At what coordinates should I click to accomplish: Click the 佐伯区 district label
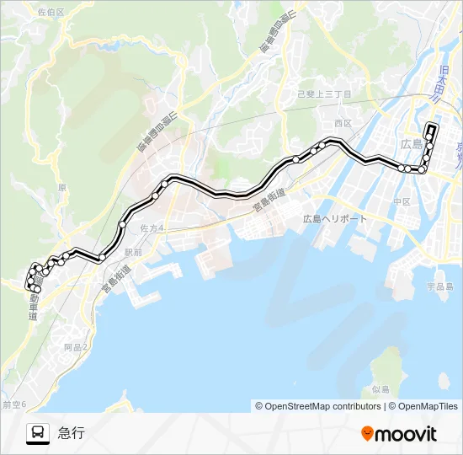tap(51, 11)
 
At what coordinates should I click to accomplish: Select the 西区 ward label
tap(342, 123)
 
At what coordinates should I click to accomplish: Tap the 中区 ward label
tap(401, 201)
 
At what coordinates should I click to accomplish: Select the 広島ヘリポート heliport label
tap(335, 218)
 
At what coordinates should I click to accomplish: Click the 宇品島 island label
tap(439, 286)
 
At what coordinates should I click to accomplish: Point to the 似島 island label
tap(380, 389)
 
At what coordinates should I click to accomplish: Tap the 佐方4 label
tap(152, 228)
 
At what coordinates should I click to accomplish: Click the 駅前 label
tap(134, 251)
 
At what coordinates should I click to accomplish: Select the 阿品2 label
tap(75, 346)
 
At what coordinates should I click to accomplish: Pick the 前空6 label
tap(14, 405)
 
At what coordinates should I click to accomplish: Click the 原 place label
tap(61, 188)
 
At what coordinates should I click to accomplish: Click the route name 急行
tap(72, 433)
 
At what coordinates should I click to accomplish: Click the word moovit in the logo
tap(406, 434)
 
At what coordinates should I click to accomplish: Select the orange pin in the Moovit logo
tap(367, 433)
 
